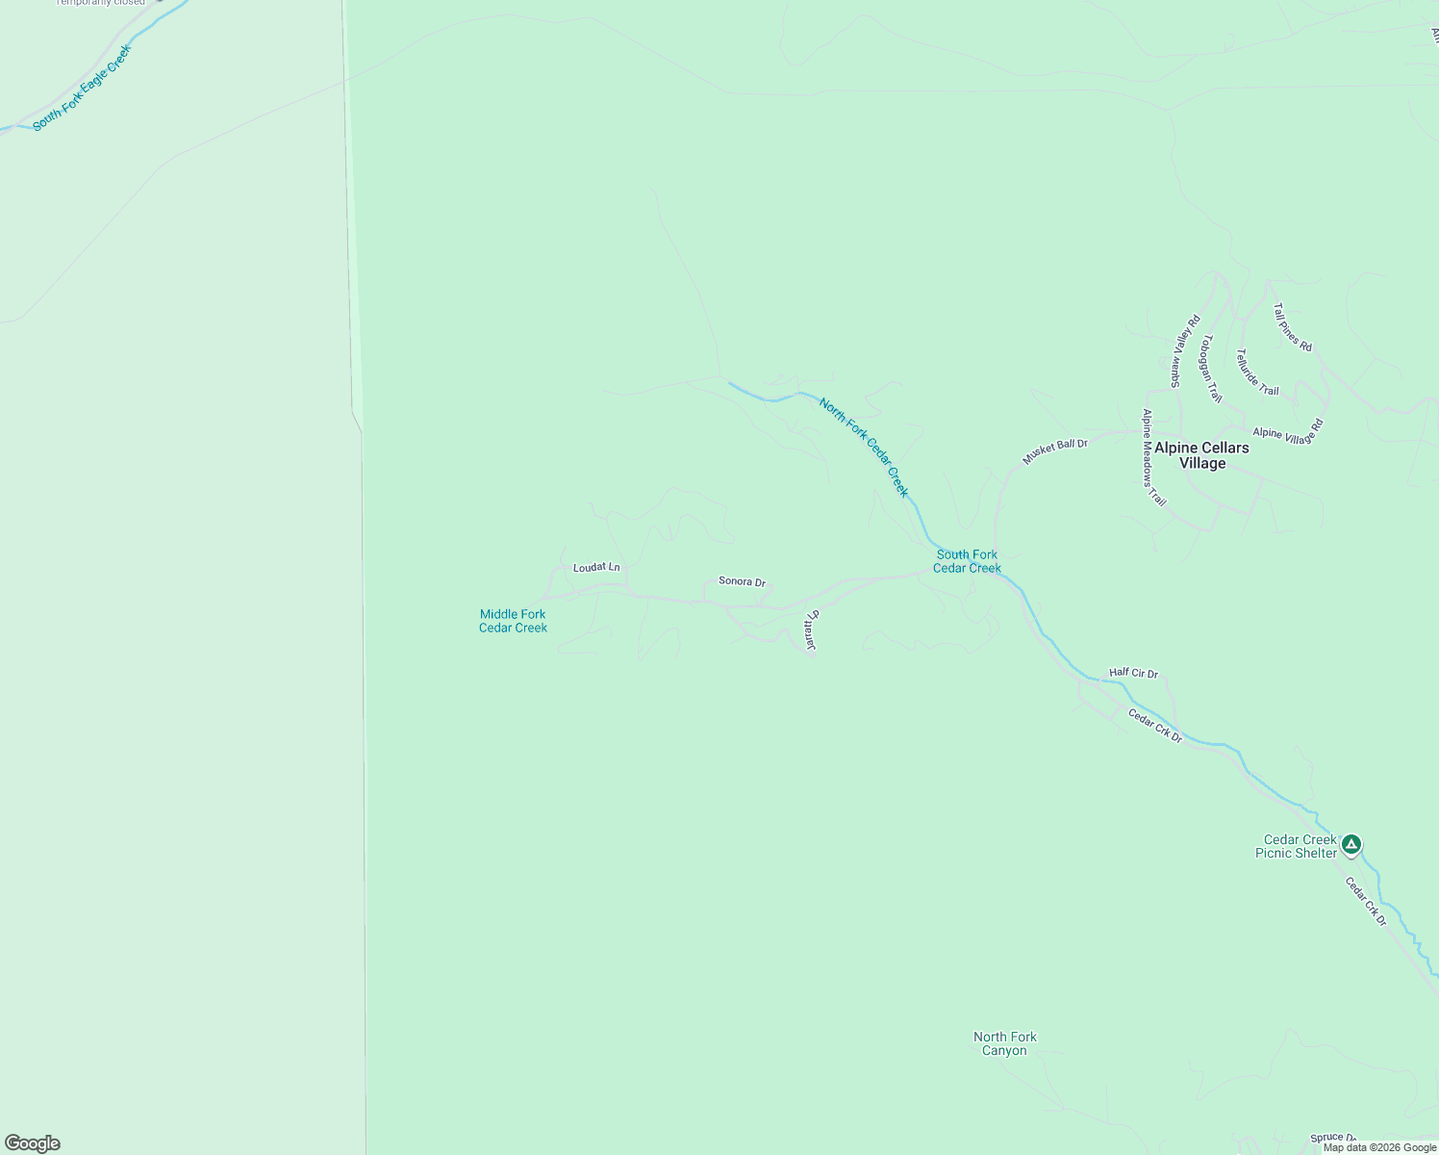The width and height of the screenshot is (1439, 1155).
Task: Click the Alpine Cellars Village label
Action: click(x=1201, y=455)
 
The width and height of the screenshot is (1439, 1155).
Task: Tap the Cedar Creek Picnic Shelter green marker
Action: click(x=1351, y=845)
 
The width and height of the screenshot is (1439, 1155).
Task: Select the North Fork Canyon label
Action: click(x=1004, y=1043)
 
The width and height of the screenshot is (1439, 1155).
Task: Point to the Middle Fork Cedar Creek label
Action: click(x=513, y=621)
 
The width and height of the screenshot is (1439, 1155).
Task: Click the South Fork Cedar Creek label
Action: click(x=967, y=561)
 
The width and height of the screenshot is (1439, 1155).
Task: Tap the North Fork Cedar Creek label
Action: click(x=863, y=447)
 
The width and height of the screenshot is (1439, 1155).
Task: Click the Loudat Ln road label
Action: click(x=596, y=568)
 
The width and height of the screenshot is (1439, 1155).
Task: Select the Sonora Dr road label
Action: click(x=742, y=582)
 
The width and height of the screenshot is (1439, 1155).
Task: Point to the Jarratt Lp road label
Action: click(x=811, y=631)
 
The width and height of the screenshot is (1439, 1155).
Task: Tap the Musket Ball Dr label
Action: click(x=1054, y=451)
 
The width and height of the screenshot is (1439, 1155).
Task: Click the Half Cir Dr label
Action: click(x=1133, y=674)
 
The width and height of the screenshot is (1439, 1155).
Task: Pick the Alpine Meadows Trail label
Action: click(x=1153, y=458)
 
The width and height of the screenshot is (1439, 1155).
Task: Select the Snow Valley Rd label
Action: click(x=1184, y=351)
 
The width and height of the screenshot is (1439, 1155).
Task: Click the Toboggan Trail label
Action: click(x=1211, y=369)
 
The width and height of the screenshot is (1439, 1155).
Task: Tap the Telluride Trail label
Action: click(x=1257, y=372)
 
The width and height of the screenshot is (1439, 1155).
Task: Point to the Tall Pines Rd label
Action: click(x=1292, y=327)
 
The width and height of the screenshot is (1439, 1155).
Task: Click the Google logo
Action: click(x=33, y=1143)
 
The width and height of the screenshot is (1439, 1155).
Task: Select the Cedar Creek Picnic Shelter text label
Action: click(x=1297, y=846)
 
